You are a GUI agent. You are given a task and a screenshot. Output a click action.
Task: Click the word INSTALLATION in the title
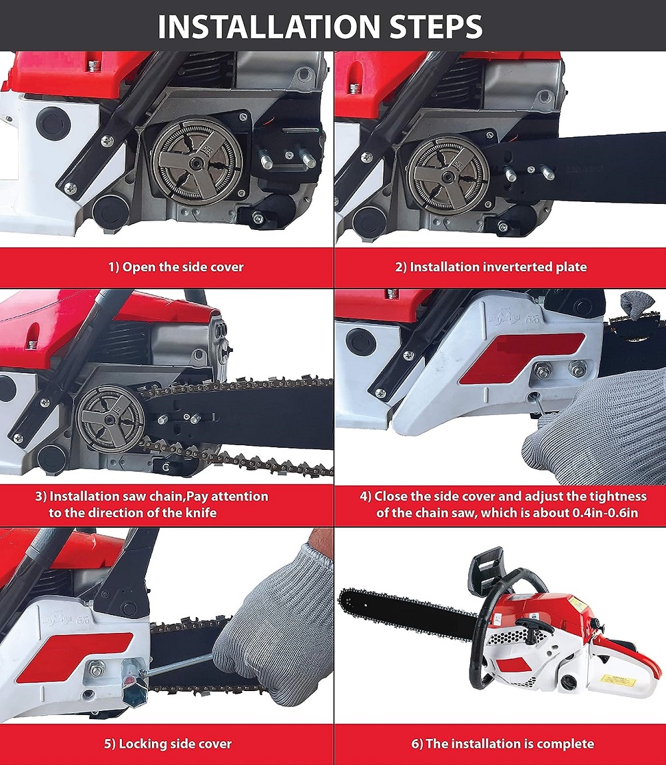point(268,27)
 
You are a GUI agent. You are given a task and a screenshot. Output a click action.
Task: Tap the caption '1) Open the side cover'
point(176,267)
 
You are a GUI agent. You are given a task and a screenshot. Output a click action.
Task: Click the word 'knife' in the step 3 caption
point(200,512)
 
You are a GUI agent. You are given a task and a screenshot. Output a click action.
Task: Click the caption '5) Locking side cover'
point(168,744)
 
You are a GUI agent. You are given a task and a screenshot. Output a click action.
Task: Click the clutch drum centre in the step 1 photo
point(196,161)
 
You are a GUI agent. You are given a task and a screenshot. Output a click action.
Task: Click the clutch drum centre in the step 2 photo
point(448,174)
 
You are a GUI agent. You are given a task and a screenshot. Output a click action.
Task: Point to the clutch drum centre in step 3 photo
point(111,418)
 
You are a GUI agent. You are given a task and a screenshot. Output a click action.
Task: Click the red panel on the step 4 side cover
point(521,359)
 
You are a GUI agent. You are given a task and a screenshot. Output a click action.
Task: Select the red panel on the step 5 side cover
point(74,657)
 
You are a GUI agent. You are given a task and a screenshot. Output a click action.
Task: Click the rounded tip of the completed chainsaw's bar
point(345,598)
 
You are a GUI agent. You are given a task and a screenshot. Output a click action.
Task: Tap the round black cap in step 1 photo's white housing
point(54,123)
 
